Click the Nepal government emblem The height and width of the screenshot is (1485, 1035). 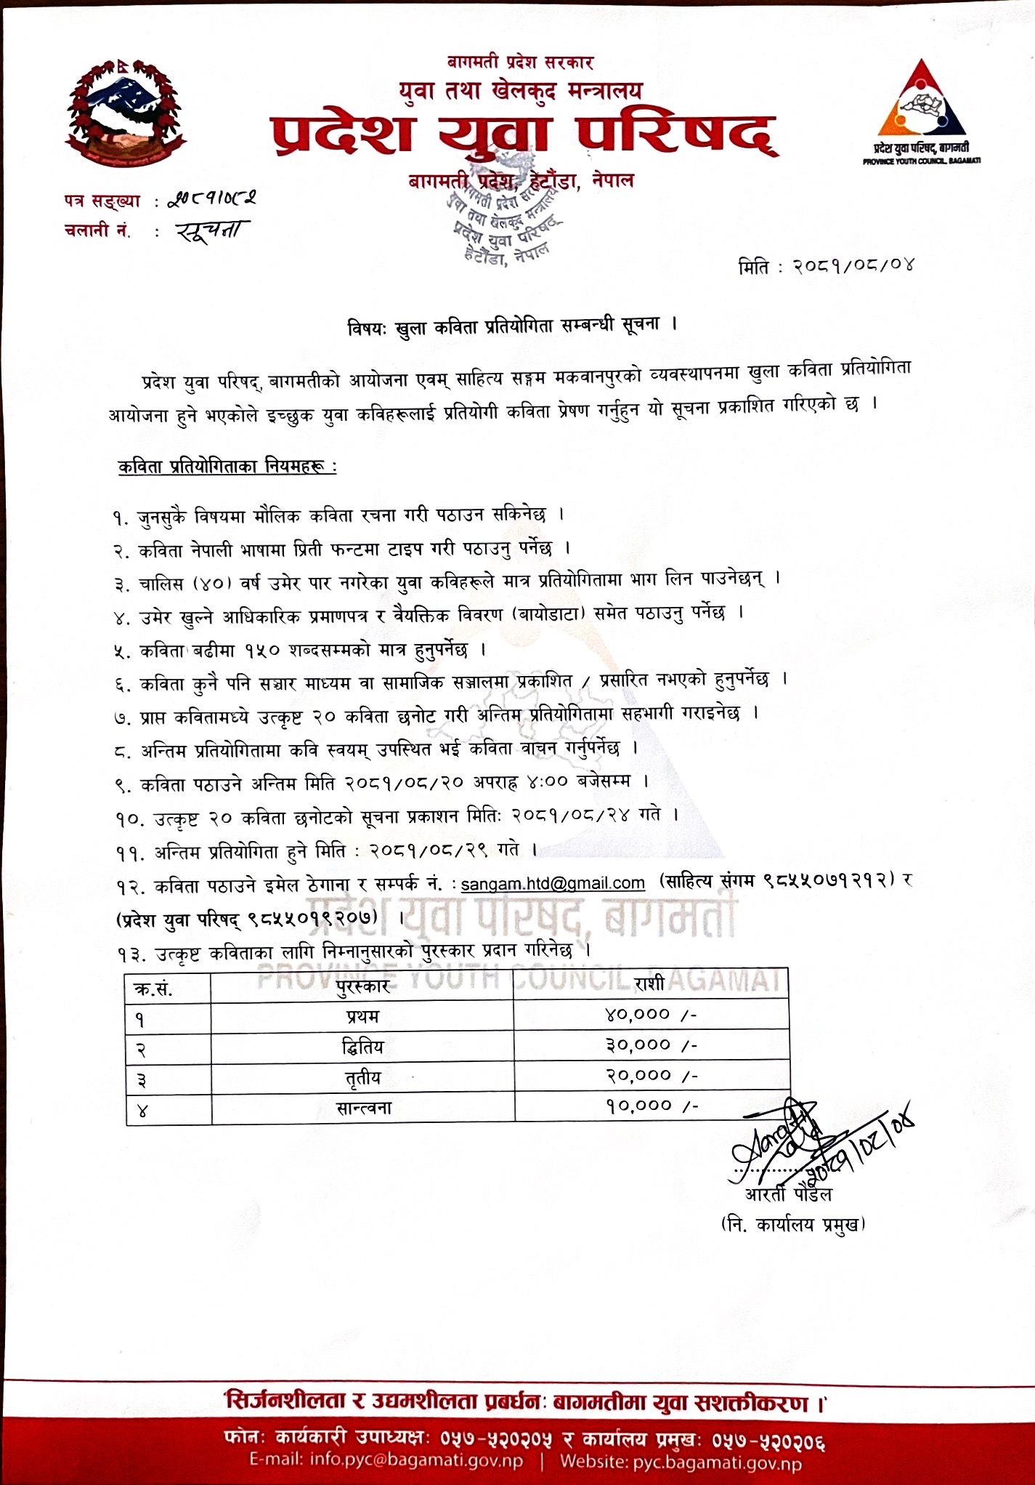click(126, 113)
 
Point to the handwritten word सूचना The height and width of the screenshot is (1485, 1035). click(212, 231)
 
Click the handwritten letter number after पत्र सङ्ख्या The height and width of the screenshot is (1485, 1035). click(212, 198)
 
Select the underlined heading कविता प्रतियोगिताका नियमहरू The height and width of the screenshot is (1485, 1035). click(227, 467)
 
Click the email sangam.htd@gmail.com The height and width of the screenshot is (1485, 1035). click(553, 883)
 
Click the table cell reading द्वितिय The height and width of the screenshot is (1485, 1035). click(362, 1047)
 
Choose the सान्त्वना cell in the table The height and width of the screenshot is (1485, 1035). click(363, 1108)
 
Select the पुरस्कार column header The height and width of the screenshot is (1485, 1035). click(362, 986)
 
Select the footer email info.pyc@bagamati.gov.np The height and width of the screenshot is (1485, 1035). click(386, 1462)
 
